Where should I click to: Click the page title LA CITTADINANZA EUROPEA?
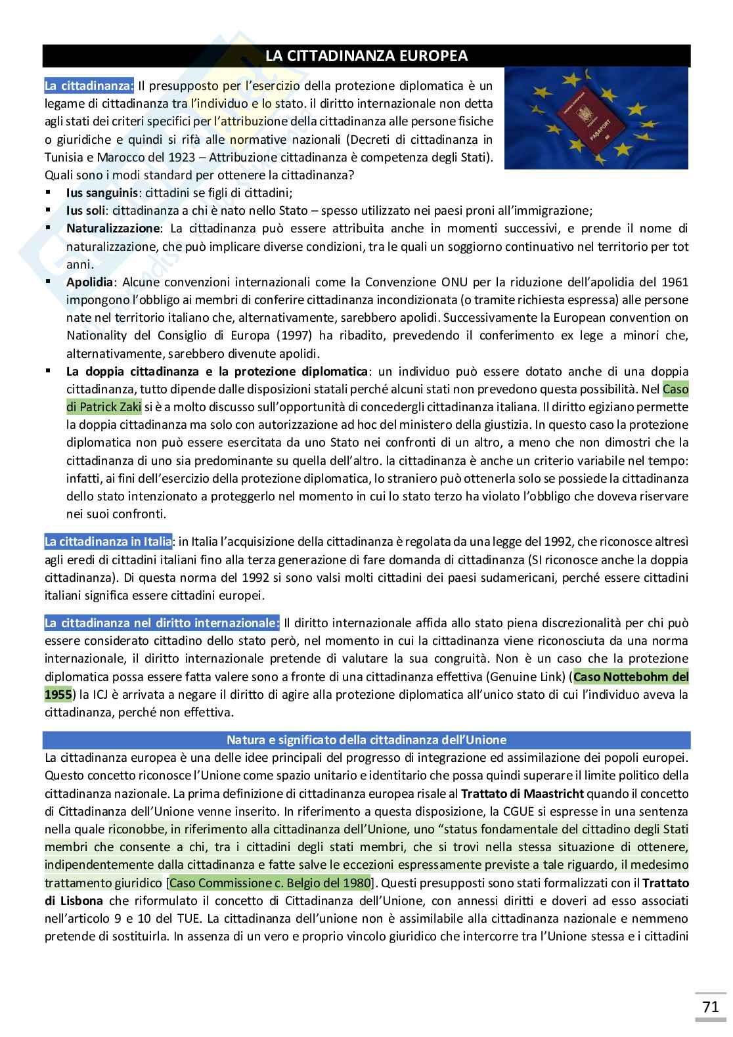(x=366, y=56)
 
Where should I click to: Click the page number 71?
(x=710, y=1007)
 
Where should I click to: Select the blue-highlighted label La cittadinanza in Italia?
(x=108, y=542)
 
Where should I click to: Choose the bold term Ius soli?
(x=86, y=211)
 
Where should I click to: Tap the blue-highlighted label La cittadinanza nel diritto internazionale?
(x=162, y=623)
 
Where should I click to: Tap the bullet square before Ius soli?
(x=49, y=210)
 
